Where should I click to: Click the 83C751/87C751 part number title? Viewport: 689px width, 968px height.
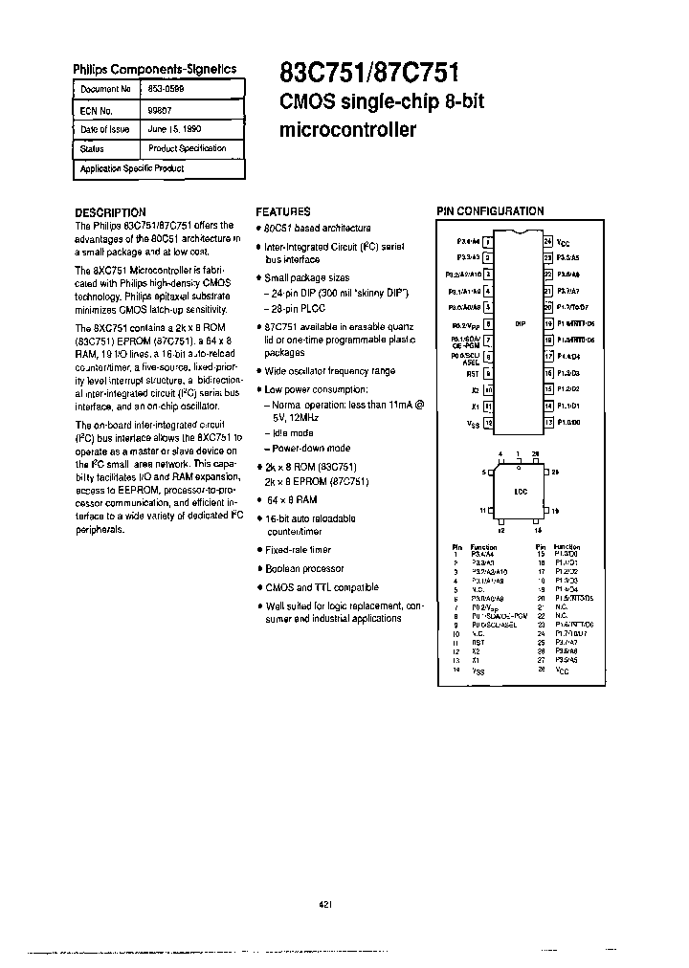coord(368,73)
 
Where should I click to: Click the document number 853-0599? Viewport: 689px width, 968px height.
coord(167,88)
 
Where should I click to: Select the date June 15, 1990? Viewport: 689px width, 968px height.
coord(174,128)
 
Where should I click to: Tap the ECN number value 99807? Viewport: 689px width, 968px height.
coord(160,108)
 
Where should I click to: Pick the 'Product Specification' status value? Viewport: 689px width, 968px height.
coord(188,148)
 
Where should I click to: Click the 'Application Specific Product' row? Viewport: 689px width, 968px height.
coord(132,168)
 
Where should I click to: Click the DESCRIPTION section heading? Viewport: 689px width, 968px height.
coord(110,212)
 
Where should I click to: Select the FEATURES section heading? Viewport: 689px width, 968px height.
coord(282,211)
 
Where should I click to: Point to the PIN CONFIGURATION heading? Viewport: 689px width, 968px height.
coord(490,210)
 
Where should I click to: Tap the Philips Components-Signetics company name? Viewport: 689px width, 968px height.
coord(155,70)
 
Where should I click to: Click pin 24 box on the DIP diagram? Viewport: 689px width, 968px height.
coord(548,241)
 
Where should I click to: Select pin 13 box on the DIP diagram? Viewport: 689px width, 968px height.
coord(548,421)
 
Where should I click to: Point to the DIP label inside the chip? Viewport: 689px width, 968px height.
coord(520,323)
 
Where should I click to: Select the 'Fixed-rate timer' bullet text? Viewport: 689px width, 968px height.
coord(298,549)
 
